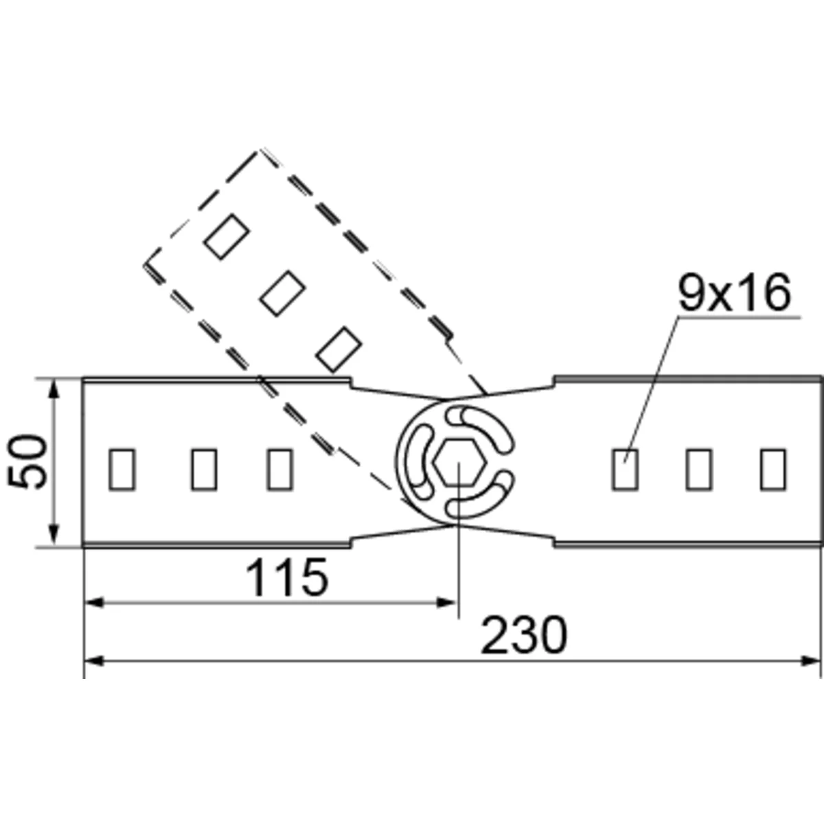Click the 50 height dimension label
point(27,461)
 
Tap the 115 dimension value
point(286,577)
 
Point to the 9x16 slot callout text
point(734,294)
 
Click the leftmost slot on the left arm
point(122,469)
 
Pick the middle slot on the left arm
point(204,469)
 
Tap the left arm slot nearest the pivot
point(279,469)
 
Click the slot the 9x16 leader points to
point(625,469)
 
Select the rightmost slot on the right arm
point(773,469)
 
